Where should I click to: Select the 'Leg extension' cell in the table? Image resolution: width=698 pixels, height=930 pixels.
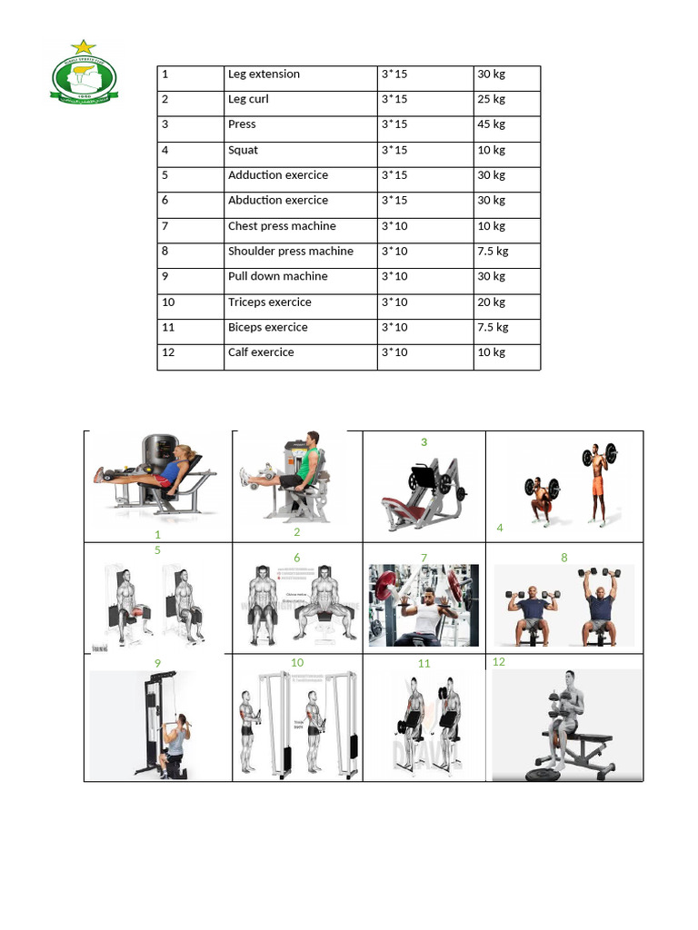264,74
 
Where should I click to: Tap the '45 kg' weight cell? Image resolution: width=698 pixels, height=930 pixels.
492,124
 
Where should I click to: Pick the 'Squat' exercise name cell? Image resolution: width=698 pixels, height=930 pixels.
244,150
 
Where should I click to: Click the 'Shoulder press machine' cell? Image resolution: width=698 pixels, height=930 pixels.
291,252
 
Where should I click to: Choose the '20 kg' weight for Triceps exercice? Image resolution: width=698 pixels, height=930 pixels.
492,302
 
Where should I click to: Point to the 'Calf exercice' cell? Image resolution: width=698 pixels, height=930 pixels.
261,352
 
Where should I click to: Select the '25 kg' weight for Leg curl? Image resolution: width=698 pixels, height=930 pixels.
492,100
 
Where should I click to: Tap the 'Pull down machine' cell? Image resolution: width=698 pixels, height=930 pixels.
278,277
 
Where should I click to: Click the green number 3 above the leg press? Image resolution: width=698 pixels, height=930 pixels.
424,442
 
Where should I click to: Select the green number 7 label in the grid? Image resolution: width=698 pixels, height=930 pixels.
424,558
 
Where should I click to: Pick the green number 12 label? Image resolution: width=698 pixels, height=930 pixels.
498,662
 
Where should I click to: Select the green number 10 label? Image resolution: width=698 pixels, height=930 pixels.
297,663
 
